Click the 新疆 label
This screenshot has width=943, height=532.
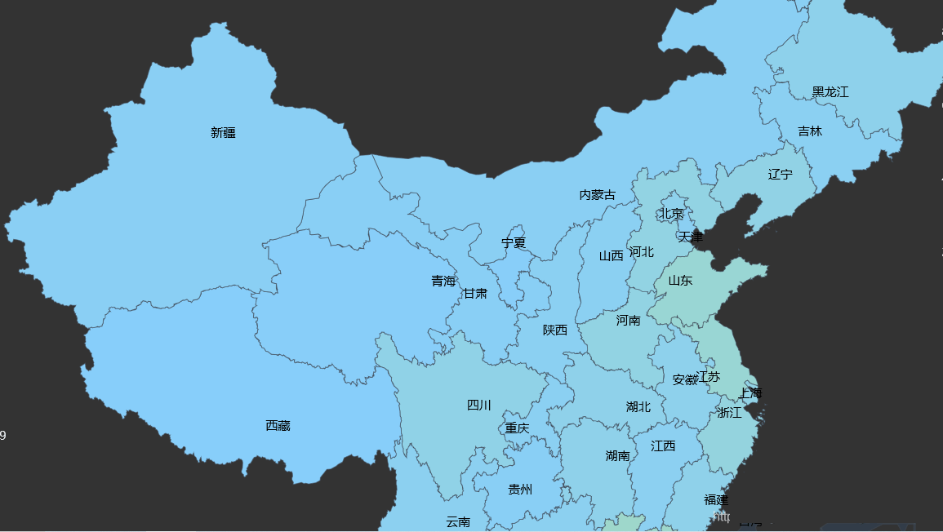tap(223, 133)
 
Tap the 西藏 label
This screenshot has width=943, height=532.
tap(278, 426)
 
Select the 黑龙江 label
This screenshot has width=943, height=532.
tap(830, 92)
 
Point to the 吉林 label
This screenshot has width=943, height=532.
tap(810, 131)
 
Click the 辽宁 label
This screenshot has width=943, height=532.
tap(780, 175)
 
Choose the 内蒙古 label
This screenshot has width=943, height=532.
tap(598, 195)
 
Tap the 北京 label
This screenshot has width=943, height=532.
tap(671, 214)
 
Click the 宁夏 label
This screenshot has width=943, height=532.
tap(514, 243)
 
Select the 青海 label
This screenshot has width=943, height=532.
tap(443, 282)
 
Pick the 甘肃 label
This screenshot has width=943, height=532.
tap(475, 293)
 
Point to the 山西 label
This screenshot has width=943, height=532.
tap(611, 256)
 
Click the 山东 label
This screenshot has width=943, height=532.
tap(680, 281)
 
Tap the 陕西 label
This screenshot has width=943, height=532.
tap(555, 330)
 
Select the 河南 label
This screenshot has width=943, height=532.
tap(629, 321)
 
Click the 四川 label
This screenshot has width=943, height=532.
tap(479, 406)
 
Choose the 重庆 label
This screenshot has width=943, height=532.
tap(517, 428)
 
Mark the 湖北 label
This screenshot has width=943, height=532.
tap(638, 407)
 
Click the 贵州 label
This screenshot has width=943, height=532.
tap(520, 490)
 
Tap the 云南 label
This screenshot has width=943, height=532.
tap(458, 522)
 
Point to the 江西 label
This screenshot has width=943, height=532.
tap(663, 446)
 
